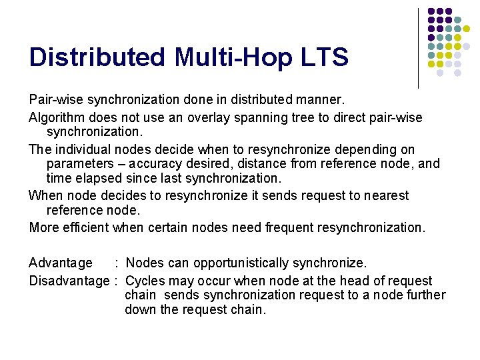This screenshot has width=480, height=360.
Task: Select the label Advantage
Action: click(x=61, y=263)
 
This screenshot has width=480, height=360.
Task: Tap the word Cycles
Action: click(x=146, y=281)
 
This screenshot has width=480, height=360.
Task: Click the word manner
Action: click(x=319, y=100)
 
